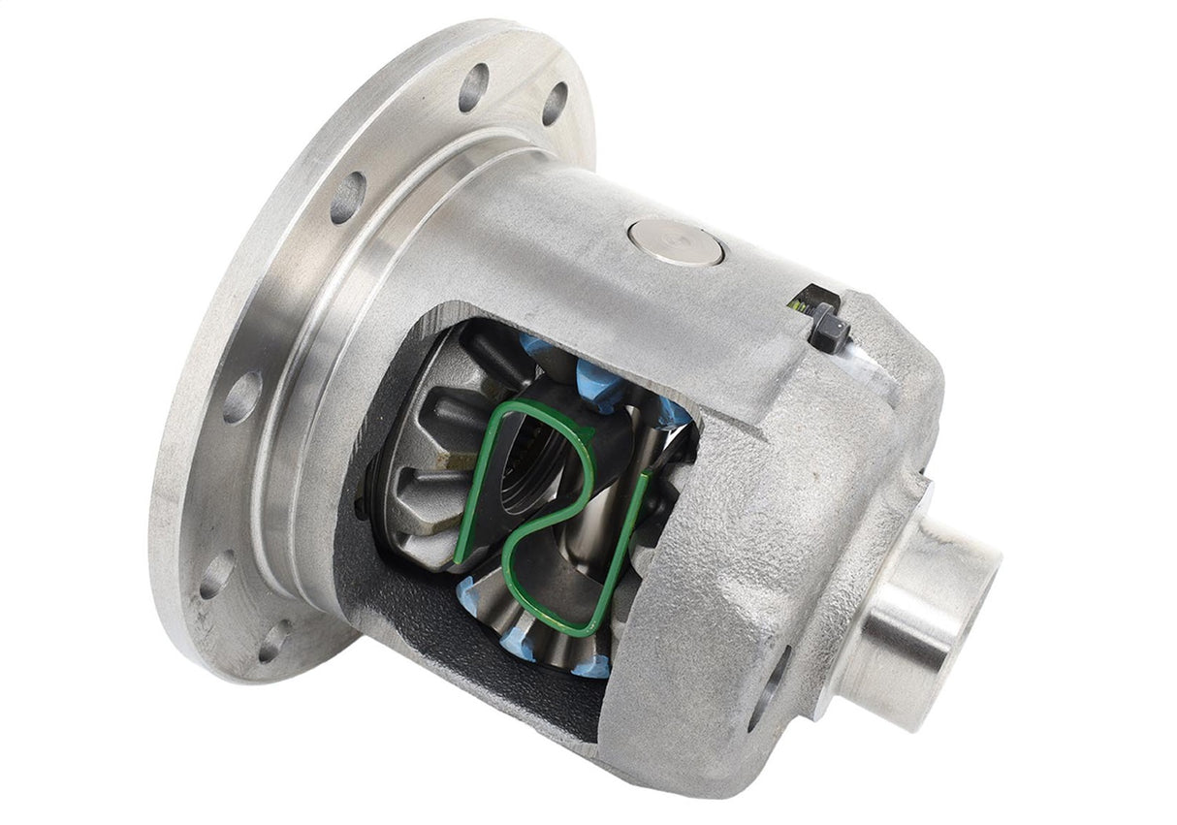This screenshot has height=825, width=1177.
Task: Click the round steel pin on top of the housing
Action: click(675, 240)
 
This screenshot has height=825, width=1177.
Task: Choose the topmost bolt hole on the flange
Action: click(473, 87)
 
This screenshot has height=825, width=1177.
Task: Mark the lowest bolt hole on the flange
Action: click(274, 641)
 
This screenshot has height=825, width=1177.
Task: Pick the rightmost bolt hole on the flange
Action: click(555, 104)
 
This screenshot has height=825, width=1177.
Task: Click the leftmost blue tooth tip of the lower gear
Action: click(469, 587)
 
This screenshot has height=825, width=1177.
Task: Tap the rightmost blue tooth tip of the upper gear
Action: click(675, 415)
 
